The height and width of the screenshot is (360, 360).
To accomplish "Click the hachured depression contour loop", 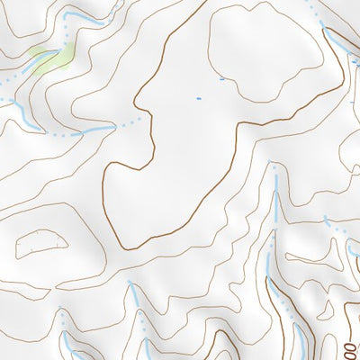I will [41, 243].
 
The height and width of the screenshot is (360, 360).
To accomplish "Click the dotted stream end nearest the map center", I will [139, 118].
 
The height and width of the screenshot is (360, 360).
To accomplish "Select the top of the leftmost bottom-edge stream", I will [61, 314].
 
